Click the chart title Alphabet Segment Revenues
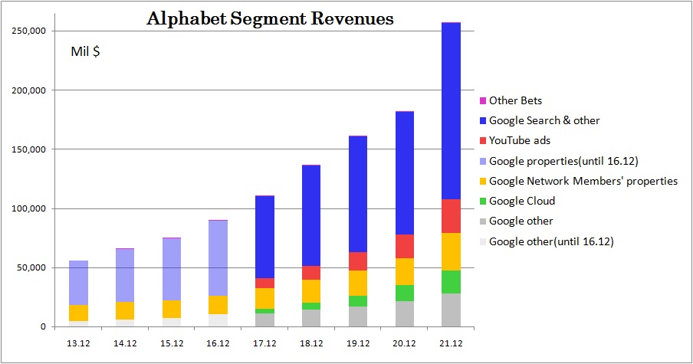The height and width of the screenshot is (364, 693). click(270, 18)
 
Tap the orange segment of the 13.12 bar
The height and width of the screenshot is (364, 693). click(78, 313)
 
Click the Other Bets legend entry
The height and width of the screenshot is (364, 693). click(515, 100)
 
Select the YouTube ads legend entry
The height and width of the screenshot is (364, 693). click(520, 140)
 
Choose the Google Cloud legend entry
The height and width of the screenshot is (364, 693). click(521, 201)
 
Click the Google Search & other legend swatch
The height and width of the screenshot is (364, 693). click(482, 120)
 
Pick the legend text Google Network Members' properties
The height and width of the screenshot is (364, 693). click(583, 181)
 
